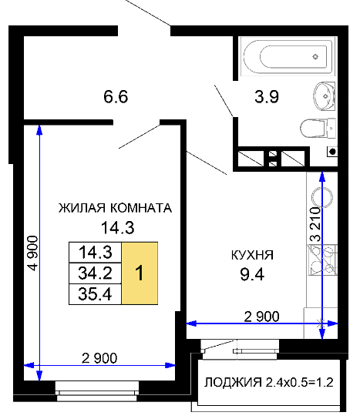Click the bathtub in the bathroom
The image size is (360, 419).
(x=288, y=57)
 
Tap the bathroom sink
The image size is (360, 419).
(x=325, y=96)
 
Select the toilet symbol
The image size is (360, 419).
(x=318, y=129)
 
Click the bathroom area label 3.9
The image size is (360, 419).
(x=267, y=96)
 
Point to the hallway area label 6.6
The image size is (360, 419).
(x=116, y=96)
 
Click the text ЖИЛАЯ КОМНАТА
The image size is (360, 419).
(x=115, y=208)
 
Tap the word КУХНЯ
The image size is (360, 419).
(x=252, y=255)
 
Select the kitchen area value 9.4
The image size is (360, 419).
(x=252, y=274)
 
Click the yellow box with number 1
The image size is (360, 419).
(x=140, y=273)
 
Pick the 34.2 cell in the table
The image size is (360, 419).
(x=96, y=273)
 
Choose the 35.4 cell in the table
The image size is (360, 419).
(x=96, y=294)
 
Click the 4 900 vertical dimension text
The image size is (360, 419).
(x=33, y=253)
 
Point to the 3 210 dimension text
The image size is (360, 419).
(x=315, y=224)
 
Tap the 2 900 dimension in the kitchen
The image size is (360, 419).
(x=261, y=317)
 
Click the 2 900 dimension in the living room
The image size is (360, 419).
(x=99, y=358)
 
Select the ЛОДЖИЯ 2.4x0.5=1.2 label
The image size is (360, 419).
(x=269, y=382)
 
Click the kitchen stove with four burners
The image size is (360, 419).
(x=323, y=260)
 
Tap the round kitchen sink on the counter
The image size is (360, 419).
(x=322, y=198)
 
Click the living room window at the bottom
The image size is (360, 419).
(x=97, y=391)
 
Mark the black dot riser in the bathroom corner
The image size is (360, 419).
(x=332, y=152)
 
